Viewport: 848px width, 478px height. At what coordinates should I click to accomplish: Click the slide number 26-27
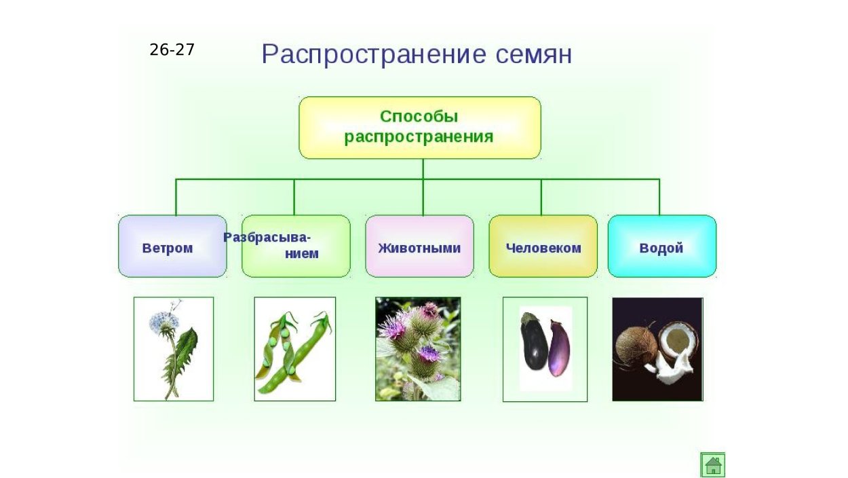(x=172, y=50)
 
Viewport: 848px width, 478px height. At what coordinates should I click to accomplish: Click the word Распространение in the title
(x=372, y=54)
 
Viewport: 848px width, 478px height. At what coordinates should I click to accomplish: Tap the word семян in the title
(x=533, y=54)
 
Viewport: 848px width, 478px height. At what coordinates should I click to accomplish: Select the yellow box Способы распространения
(x=419, y=127)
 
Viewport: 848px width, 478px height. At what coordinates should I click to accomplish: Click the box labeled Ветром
(x=172, y=246)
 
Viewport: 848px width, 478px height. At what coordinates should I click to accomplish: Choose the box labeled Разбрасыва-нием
(x=296, y=246)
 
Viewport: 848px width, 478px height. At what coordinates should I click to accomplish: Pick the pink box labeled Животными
(x=419, y=246)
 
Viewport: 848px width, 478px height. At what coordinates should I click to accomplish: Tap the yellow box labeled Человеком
(x=543, y=246)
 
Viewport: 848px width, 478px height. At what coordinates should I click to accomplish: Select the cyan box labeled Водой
(x=661, y=246)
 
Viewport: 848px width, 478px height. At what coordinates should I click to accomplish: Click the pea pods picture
(x=294, y=349)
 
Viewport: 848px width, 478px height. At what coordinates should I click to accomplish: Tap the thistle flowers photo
(x=418, y=349)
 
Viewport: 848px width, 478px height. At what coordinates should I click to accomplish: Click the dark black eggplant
(x=535, y=344)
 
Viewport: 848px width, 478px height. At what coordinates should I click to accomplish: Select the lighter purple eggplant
(x=560, y=348)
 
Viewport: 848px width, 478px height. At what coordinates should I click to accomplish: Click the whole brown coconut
(x=635, y=344)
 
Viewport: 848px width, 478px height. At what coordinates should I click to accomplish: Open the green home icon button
(x=712, y=464)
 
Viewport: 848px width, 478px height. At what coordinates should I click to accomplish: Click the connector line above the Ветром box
(x=176, y=197)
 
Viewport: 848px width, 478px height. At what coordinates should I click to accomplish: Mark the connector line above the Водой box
(x=659, y=197)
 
